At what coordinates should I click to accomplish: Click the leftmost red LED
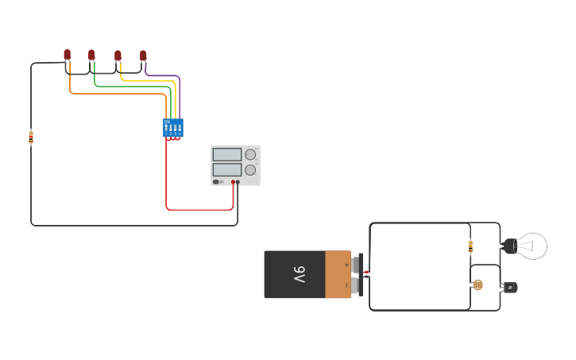click(x=67, y=55)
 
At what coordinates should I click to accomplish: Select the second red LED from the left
click(x=91, y=55)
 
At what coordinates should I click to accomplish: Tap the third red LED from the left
click(x=118, y=56)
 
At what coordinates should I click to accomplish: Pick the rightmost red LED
click(x=143, y=56)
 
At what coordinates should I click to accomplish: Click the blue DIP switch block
click(x=172, y=127)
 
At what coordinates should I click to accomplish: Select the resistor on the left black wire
click(x=31, y=137)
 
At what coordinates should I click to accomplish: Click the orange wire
click(x=119, y=94)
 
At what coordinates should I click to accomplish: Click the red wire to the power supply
click(x=199, y=210)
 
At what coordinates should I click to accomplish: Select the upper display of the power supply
click(x=227, y=155)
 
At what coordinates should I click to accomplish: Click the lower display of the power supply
click(x=227, y=169)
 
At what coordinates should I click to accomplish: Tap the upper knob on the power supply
click(x=250, y=155)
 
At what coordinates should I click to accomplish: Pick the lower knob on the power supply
click(x=250, y=170)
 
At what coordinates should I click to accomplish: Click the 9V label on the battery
click(x=299, y=275)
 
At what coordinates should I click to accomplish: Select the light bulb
click(x=529, y=246)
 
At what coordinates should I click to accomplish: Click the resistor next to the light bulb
click(x=470, y=246)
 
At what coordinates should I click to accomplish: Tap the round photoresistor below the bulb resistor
click(x=477, y=285)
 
